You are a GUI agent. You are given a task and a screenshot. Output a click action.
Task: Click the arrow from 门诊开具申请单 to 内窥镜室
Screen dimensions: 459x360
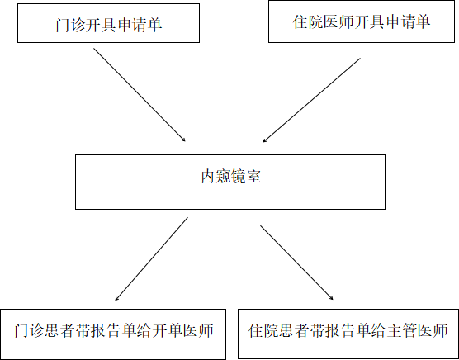point(140,95)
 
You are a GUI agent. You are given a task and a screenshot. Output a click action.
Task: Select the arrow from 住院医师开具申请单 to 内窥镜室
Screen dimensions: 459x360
point(311,100)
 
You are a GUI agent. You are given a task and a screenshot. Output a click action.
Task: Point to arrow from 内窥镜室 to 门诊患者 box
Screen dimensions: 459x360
point(151,258)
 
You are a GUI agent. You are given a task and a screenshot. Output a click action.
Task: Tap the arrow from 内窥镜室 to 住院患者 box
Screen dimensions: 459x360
point(296,263)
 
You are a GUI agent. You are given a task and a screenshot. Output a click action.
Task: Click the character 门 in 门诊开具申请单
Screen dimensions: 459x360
point(63,25)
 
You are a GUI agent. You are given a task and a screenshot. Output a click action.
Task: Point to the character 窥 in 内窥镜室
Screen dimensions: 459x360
point(224,177)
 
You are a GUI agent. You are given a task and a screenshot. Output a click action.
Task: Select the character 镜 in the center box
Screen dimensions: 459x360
point(239,177)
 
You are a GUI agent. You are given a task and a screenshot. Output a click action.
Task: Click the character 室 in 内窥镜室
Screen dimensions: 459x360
point(253,177)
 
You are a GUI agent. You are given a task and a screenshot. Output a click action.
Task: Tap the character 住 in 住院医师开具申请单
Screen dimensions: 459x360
point(300,22)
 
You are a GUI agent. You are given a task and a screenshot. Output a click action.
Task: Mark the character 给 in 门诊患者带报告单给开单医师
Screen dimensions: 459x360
point(144,331)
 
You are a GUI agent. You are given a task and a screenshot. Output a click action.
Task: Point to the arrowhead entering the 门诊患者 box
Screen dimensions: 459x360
point(116,299)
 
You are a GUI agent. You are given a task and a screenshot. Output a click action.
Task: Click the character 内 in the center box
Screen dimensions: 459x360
point(208,177)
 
